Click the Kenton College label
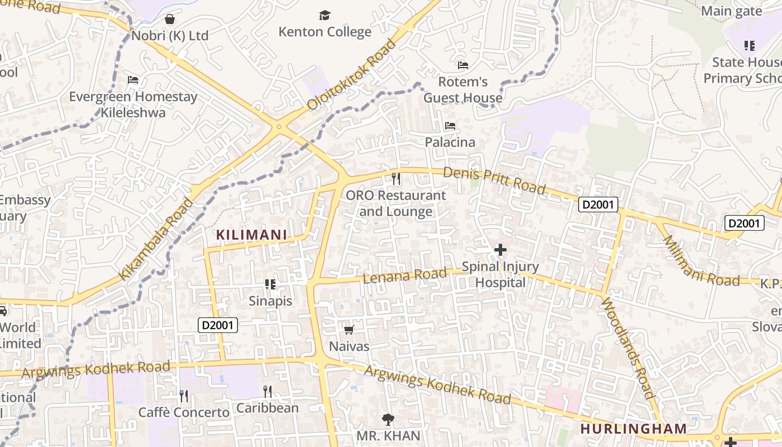(x=325, y=32)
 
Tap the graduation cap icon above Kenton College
(x=325, y=15)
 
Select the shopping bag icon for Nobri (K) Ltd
(x=170, y=20)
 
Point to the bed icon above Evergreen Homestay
(x=133, y=80)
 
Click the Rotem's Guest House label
(x=462, y=90)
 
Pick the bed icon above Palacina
(x=450, y=126)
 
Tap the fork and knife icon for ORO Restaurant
(x=396, y=179)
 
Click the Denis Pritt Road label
(x=494, y=180)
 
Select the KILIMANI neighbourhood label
(x=251, y=235)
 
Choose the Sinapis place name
(x=270, y=301)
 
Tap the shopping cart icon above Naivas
(x=349, y=330)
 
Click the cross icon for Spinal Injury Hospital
(x=500, y=250)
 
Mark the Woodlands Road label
(x=628, y=348)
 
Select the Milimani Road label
(x=700, y=261)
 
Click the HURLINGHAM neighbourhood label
(x=633, y=429)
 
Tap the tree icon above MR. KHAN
(x=388, y=419)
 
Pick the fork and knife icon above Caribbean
(x=268, y=391)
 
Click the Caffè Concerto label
(x=184, y=413)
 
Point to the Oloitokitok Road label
(x=351, y=74)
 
